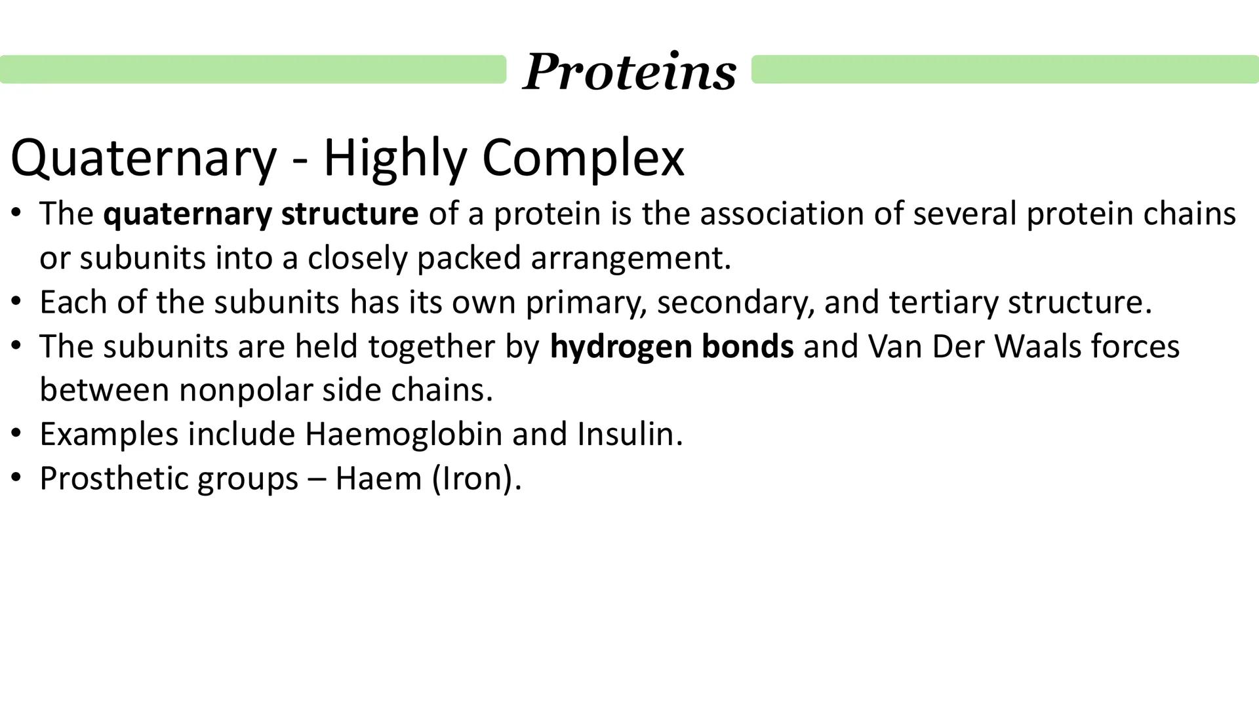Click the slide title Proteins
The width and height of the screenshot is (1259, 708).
[x=629, y=71]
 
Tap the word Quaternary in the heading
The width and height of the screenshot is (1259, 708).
[x=144, y=159]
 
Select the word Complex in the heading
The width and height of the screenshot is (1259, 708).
[x=583, y=159]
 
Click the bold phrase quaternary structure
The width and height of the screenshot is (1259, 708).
[x=260, y=214]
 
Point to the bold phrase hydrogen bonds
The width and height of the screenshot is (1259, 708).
[x=671, y=346]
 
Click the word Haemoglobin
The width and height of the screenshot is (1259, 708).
[x=403, y=434]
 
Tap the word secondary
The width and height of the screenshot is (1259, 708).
[x=735, y=302]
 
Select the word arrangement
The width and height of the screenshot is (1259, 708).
[x=630, y=258]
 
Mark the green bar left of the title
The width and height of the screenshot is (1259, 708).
[x=253, y=69]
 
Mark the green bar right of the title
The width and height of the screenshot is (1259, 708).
[x=1005, y=69]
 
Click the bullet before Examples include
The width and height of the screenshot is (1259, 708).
[x=16, y=434]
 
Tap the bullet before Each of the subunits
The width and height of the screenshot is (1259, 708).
[x=16, y=302]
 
